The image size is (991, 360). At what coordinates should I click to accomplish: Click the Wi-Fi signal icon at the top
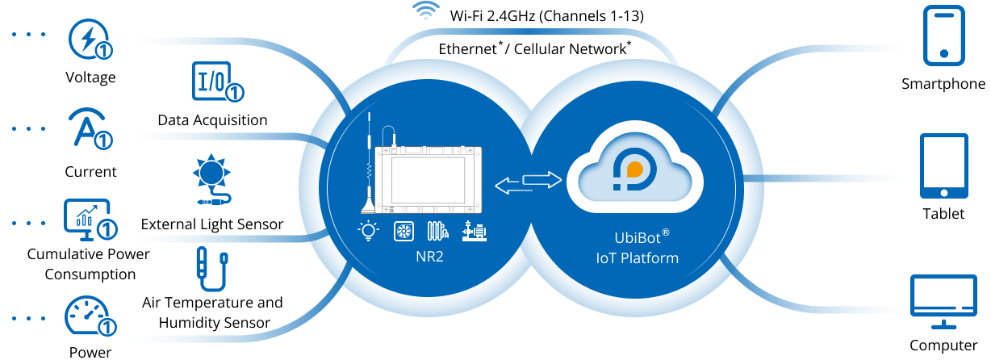click(x=426, y=11)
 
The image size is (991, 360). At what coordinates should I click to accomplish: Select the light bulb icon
click(x=369, y=232)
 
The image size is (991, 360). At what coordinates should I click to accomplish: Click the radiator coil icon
click(x=437, y=232)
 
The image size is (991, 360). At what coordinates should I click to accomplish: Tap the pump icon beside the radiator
click(x=475, y=232)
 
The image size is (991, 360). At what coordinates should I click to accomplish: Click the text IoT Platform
click(x=636, y=259)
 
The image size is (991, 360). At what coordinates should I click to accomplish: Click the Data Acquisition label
click(x=212, y=123)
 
